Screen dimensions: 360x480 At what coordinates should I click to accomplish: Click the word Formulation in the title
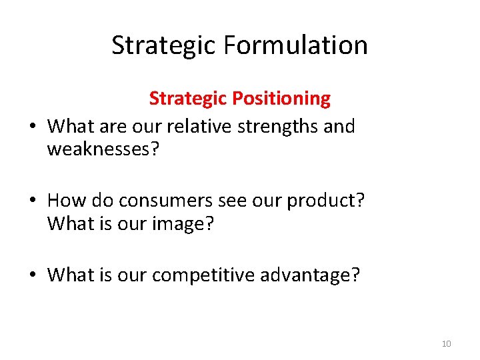(x=296, y=45)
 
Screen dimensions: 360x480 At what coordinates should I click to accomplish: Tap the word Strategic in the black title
(x=164, y=45)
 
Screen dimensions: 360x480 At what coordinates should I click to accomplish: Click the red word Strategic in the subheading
(x=190, y=99)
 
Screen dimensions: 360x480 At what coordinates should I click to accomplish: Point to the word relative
(x=196, y=126)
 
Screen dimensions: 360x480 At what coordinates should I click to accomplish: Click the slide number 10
(x=446, y=344)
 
